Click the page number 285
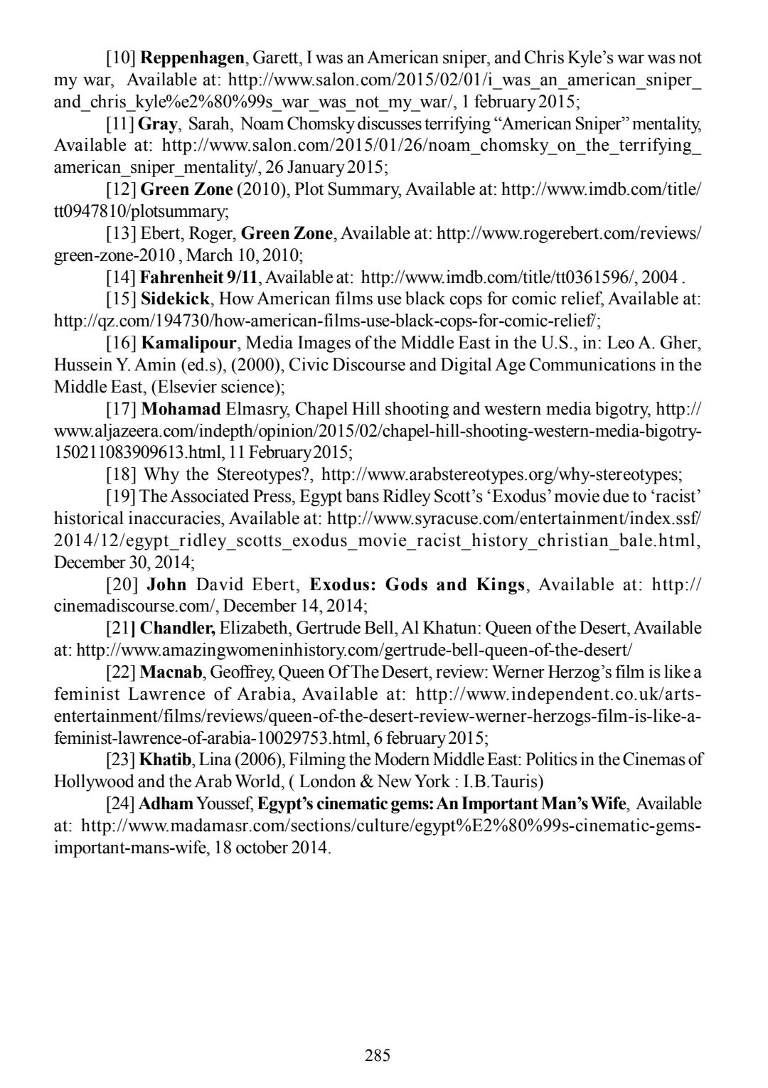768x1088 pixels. (x=378, y=1055)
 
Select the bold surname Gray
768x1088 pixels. (x=158, y=124)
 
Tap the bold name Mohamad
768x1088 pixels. (x=181, y=409)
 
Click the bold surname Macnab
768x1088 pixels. (x=171, y=672)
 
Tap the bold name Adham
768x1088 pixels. (x=166, y=804)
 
